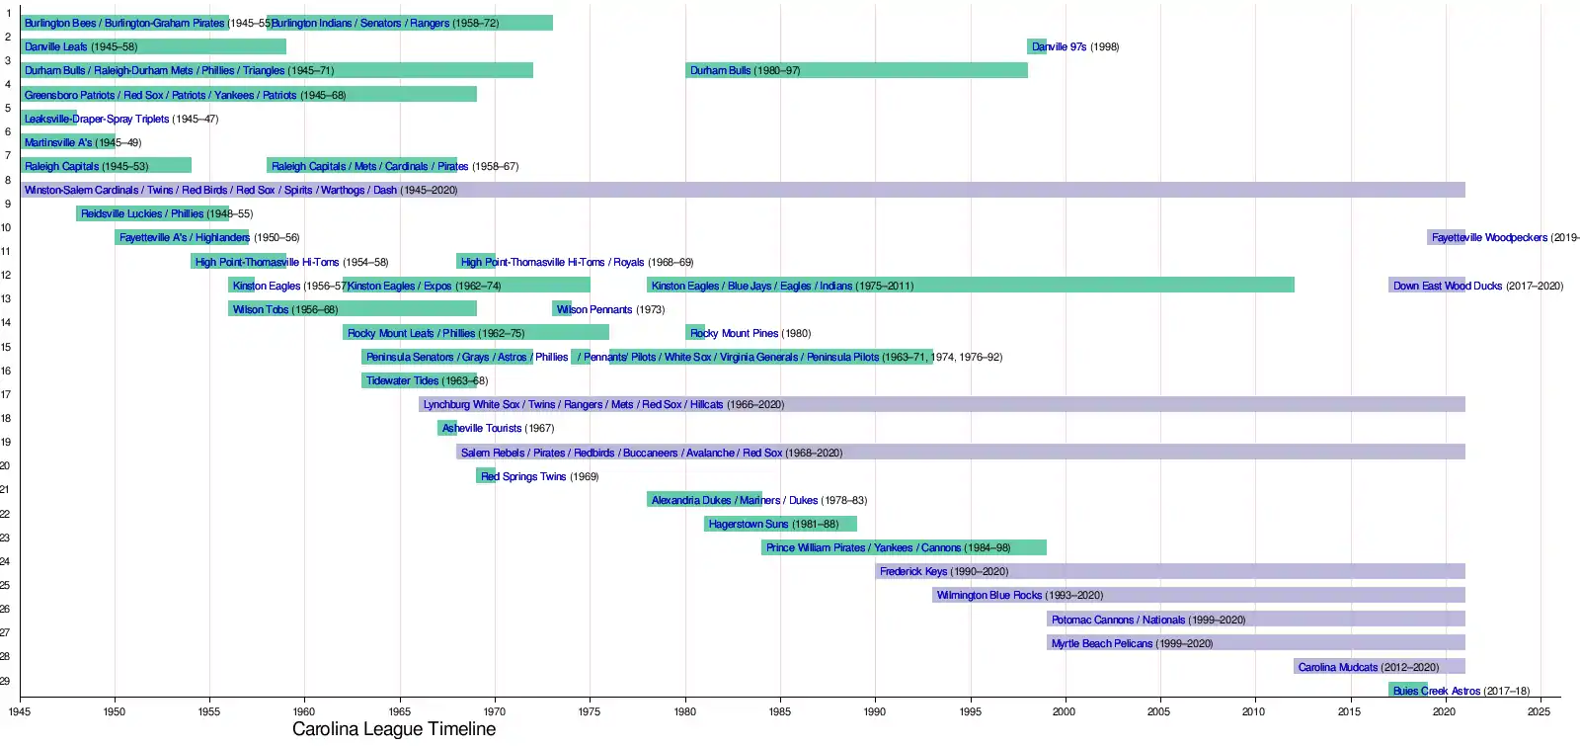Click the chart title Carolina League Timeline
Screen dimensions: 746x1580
pyautogui.click(x=394, y=729)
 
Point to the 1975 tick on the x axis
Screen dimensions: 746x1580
pyautogui.click(x=590, y=711)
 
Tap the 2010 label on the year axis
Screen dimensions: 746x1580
pyautogui.click(x=1253, y=711)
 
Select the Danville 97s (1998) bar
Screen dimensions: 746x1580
pyautogui.click(x=1037, y=46)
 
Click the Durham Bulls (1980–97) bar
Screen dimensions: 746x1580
pyautogui.click(x=856, y=70)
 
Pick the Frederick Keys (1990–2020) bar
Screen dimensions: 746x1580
pyautogui.click(x=1169, y=571)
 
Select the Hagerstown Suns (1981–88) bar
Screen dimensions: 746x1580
pyautogui.click(x=780, y=524)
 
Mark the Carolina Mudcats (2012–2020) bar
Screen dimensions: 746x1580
pyautogui.click(x=1379, y=667)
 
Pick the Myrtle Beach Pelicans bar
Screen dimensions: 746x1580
pyautogui.click(x=1255, y=643)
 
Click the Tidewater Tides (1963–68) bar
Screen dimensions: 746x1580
pyautogui.click(x=419, y=380)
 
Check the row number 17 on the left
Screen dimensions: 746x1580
pyautogui.click(x=6, y=394)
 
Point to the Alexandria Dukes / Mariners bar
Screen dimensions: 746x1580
pyautogui.click(x=704, y=500)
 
